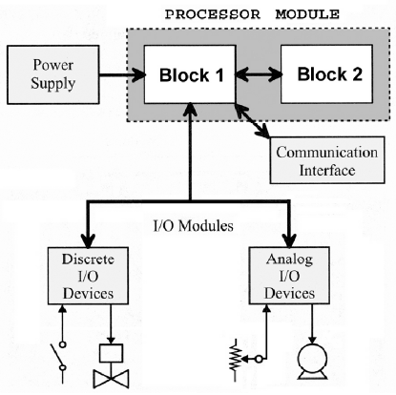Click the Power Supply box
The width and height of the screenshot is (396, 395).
[53, 74]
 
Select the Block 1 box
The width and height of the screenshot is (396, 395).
[190, 74]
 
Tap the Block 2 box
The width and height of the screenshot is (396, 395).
[326, 74]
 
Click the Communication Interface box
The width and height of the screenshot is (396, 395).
[327, 160]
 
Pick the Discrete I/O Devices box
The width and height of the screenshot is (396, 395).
[88, 276]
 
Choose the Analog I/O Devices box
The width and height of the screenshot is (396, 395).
[289, 276]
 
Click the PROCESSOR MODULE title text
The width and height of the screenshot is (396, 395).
[252, 14]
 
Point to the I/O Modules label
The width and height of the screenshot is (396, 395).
[194, 226]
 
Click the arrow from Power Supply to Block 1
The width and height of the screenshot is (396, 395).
[122, 75]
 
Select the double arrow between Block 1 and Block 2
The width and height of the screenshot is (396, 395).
[259, 74]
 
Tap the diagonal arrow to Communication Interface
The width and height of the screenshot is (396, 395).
[252, 121]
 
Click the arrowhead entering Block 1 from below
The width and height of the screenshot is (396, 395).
[190, 109]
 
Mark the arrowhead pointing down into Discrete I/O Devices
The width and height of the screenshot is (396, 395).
[88, 240]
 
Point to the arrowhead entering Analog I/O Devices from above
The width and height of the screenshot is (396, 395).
[289, 240]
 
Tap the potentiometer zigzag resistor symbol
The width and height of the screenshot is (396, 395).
[235, 360]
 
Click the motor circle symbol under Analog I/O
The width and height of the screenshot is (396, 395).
[312, 362]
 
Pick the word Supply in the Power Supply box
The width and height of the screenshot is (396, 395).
[52, 84]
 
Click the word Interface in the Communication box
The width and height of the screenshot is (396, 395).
[327, 170]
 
